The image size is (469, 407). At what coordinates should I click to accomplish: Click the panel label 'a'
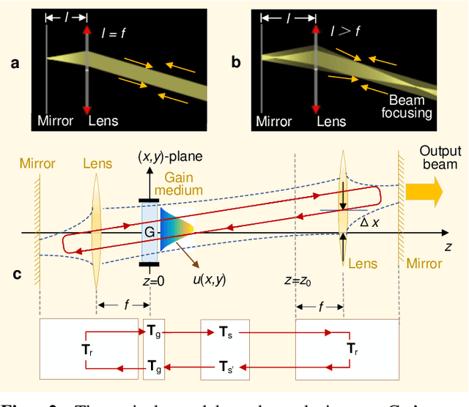click(14, 63)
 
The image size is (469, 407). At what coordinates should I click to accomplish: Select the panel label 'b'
click(236, 63)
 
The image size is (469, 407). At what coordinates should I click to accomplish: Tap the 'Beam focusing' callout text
click(410, 105)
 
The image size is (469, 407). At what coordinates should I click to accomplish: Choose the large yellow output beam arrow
click(425, 193)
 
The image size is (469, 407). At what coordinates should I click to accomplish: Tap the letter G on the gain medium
click(149, 232)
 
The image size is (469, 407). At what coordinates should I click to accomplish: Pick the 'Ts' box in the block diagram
click(226, 332)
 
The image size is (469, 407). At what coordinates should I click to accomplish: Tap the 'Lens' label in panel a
click(102, 120)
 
